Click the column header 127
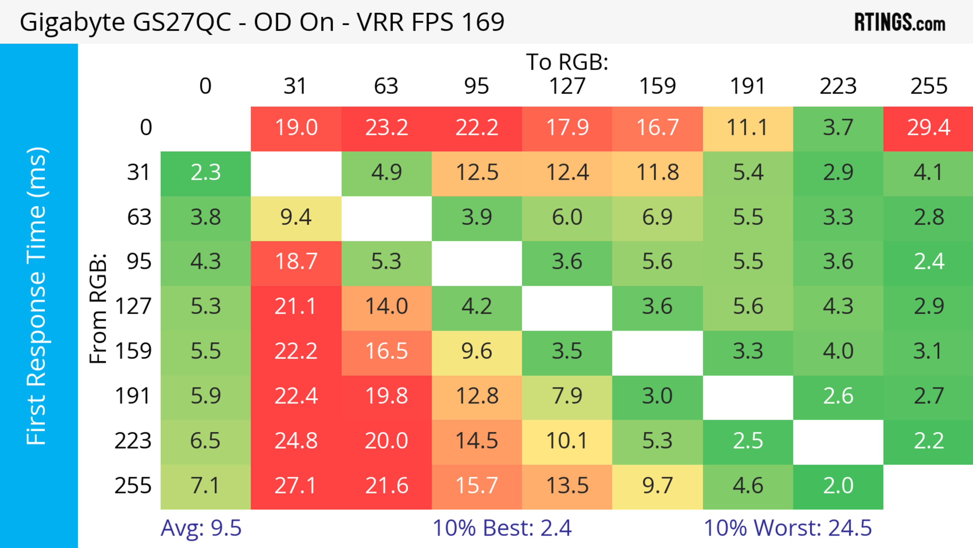[567, 86]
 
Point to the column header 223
[838, 86]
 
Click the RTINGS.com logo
[900, 23]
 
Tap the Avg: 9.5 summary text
[201, 528]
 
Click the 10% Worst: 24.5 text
[788, 528]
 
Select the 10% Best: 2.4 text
[502, 528]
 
